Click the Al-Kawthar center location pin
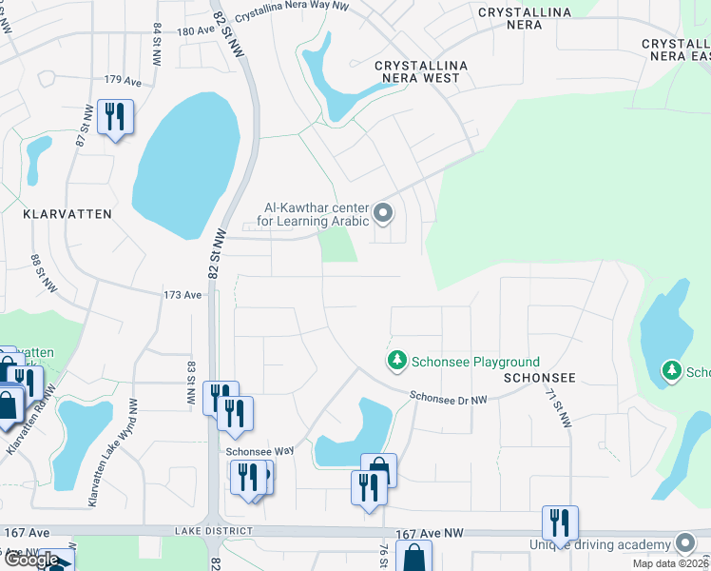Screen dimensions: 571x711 (x=383, y=212)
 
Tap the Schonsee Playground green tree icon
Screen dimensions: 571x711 (x=396, y=362)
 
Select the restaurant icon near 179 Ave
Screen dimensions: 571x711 (x=115, y=117)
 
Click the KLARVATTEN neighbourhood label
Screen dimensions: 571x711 (x=67, y=215)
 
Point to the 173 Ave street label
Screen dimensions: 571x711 (x=183, y=296)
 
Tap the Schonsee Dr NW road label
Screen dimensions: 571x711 (x=449, y=398)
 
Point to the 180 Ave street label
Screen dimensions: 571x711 (x=197, y=31)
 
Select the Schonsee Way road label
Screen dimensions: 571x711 (x=259, y=452)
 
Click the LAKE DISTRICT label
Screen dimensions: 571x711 (x=215, y=530)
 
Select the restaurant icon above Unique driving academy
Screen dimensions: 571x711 (x=558, y=522)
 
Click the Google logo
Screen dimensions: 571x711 (x=32, y=561)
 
